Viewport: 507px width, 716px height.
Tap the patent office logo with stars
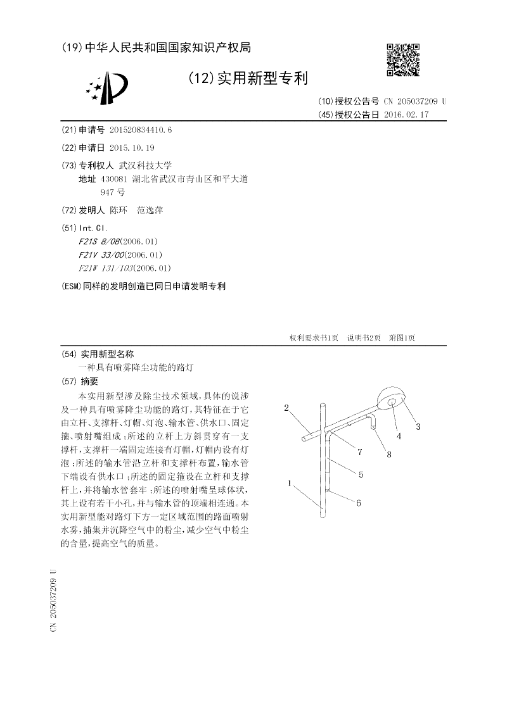point(107,88)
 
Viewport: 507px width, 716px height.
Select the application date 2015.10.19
point(132,148)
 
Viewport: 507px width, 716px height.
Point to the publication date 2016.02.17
point(406,115)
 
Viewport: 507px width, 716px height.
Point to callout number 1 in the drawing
point(289,483)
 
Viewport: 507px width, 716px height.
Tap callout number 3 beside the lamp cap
point(418,426)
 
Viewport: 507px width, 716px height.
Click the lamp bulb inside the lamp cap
point(391,401)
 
